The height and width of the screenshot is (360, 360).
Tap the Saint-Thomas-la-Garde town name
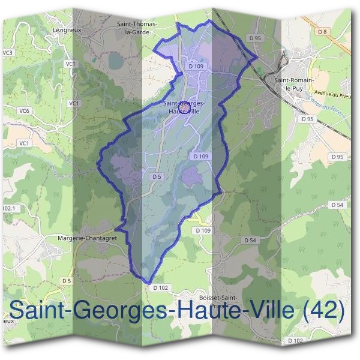point(137,28)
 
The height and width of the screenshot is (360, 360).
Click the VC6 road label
point(24,110)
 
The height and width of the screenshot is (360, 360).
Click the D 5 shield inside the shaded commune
point(157,176)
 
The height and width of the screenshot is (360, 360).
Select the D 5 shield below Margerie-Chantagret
point(67,280)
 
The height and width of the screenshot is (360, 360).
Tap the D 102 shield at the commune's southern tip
point(161,288)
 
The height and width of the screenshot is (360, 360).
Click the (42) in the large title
point(324,311)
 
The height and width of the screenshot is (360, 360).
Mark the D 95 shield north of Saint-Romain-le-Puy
point(254,38)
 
